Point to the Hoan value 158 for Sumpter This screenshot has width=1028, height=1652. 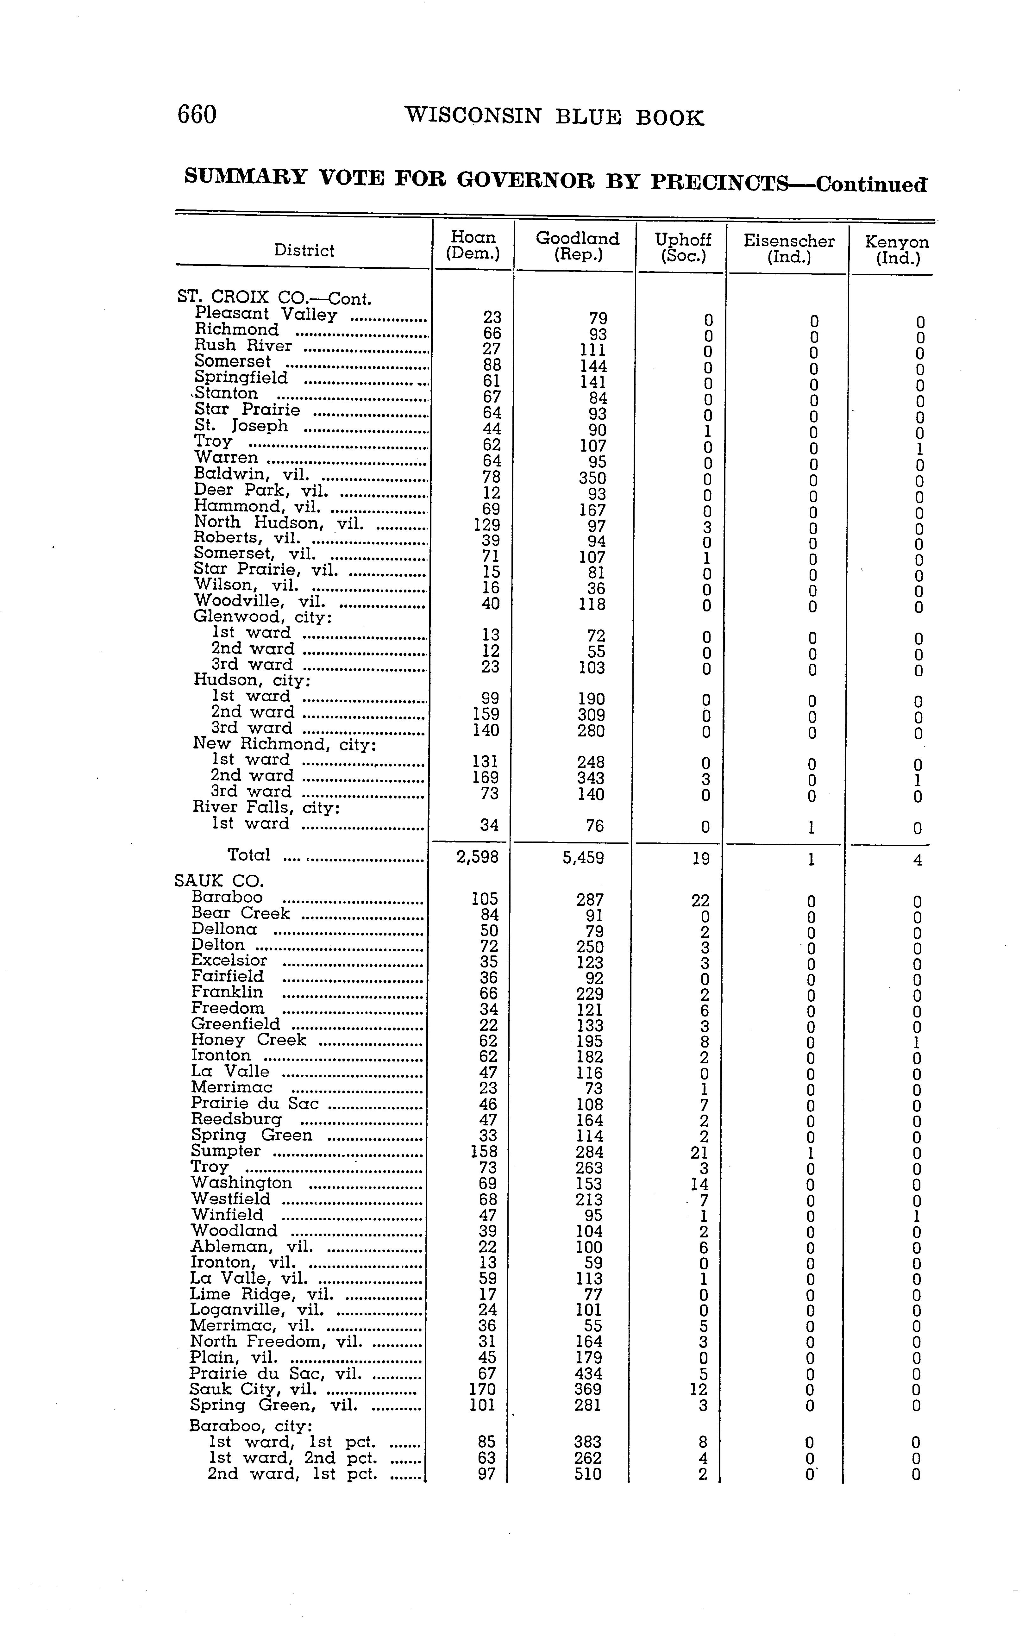click(484, 1152)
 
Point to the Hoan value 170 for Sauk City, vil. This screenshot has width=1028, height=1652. click(483, 1389)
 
